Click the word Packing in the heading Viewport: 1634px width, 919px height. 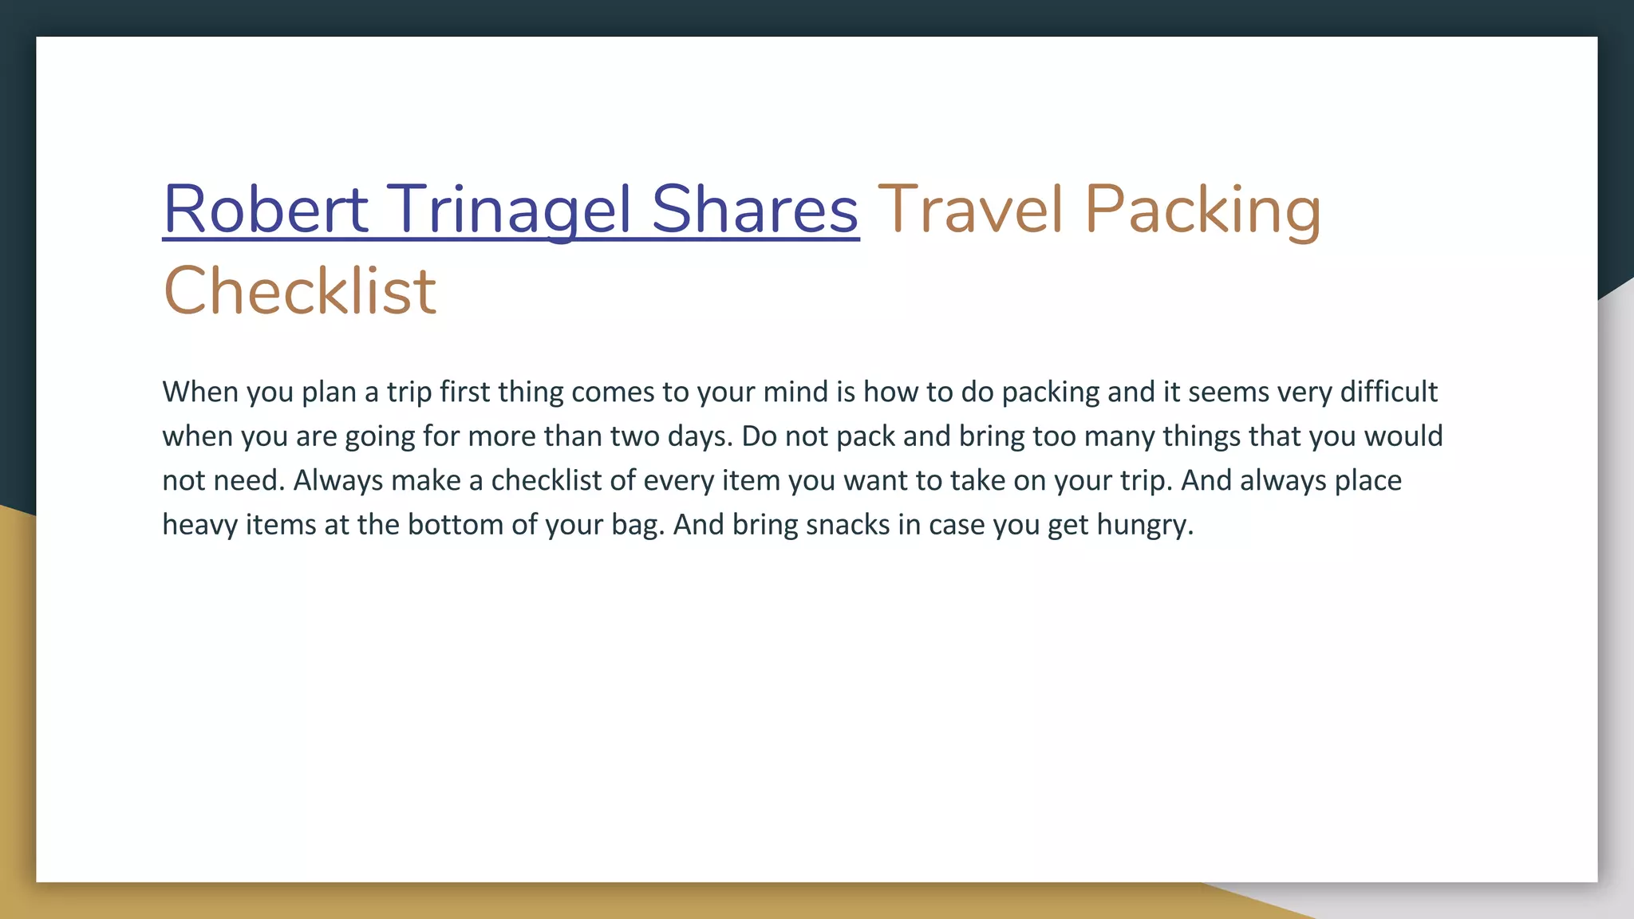tap(1202, 211)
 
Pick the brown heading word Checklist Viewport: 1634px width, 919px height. tap(299, 290)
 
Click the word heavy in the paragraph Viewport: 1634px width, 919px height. tap(199, 526)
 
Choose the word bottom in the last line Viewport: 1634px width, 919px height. tap(456, 524)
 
